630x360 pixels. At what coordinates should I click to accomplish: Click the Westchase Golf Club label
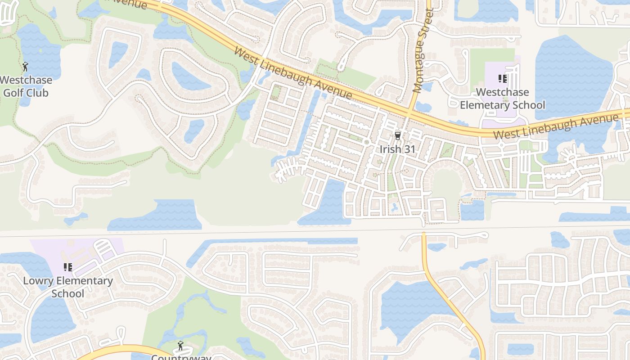click(26, 86)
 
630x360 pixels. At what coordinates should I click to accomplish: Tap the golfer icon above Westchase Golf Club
click(25, 67)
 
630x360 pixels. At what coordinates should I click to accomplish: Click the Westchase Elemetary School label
click(502, 99)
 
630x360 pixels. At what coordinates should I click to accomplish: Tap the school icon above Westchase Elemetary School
click(503, 79)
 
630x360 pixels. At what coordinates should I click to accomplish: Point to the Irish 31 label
click(397, 149)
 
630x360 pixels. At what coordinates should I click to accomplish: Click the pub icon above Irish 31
click(397, 136)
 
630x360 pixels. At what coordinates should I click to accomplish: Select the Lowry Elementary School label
click(68, 287)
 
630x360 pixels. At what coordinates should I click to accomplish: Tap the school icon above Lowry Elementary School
click(68, 268)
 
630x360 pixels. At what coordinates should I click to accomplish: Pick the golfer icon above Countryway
click(181, 346)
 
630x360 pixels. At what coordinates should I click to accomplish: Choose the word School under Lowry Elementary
click(68, 294)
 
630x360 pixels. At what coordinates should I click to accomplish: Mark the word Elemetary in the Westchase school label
click(487, 105)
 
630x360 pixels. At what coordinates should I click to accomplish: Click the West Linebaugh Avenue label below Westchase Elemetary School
click(556, 127)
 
